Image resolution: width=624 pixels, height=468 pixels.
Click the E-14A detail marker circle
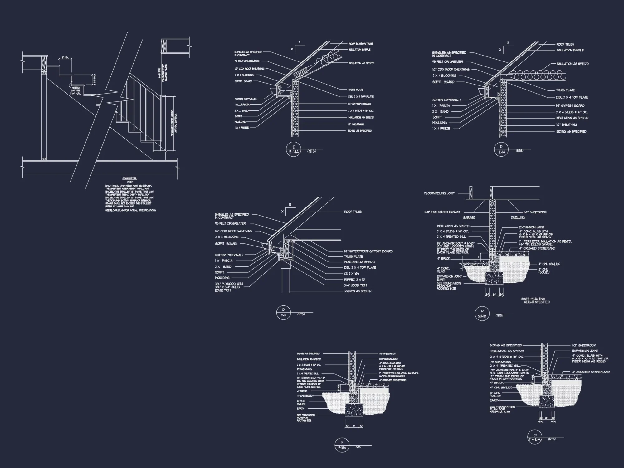(293, 150)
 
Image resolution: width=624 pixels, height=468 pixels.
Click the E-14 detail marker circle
(501, 149)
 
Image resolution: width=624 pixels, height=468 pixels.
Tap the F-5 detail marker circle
(283, 312)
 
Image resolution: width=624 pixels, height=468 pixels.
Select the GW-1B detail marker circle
(482, 314)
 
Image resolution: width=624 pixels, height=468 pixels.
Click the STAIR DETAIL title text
(129, 178)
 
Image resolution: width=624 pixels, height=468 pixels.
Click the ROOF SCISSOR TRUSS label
(361, 44)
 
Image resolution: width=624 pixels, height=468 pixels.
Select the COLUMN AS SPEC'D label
(358, 291)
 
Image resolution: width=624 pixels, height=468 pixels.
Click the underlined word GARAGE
(469, 217)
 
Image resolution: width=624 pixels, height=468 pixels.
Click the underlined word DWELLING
(518, 217)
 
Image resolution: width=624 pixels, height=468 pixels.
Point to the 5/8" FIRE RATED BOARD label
(442, 212)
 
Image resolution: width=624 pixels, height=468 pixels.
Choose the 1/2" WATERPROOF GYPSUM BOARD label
(368, 251)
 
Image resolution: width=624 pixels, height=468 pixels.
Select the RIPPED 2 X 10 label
(354, 280)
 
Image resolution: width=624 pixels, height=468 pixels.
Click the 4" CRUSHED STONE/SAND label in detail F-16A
(591, 372)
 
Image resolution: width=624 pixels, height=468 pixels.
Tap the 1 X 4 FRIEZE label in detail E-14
(441, 129)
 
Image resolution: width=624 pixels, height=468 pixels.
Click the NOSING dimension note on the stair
(76, 91)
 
